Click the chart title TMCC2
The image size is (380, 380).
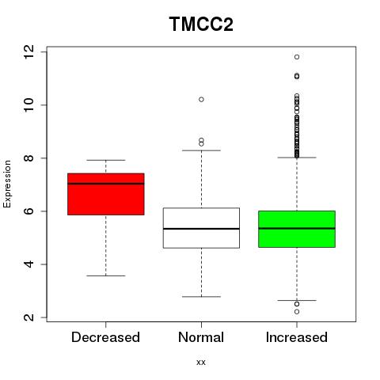coord(201,25)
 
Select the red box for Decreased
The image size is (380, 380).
coord(106,194)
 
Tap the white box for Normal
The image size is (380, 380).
coord(201,228)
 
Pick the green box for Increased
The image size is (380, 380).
coord(297,229)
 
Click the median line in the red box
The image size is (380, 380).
coord(106,184)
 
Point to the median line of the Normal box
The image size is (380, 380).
coord(201,229)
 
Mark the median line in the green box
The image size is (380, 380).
coord(297,228)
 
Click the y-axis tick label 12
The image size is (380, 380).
coord(29,52)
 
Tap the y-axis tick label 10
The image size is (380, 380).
coord(29,105)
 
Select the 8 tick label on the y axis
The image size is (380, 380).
coord(29,158)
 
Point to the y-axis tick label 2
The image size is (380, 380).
coord(29,317)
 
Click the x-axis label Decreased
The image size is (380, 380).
coord(105,337)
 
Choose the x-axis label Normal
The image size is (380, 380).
coord(201,337)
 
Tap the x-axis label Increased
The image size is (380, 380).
coord(297,337)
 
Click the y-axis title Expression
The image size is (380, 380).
coord(7,184)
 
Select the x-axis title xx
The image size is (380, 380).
coord(201,362)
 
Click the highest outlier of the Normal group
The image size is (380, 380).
coord(201,100)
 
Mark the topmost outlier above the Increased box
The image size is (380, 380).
coord(297,57)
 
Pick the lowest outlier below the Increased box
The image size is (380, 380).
coord(297,312)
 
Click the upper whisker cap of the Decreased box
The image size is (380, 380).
coord(106,160)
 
